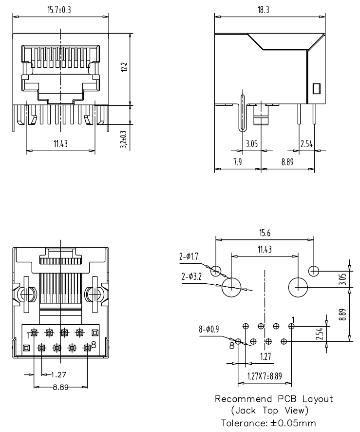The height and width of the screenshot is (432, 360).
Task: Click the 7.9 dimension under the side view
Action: [x=238, y=163]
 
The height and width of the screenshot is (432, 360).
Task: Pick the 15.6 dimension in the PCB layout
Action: [x=265, y=234]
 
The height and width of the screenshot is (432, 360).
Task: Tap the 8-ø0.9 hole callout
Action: [x=208, y=329]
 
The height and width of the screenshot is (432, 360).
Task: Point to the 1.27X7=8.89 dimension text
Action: [x=265, y=376]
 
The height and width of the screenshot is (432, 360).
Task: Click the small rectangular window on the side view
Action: [x=316, y=89]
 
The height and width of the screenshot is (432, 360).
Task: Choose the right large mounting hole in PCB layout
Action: [x=298, y=286]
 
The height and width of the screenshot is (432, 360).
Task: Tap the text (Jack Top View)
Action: [x=270, y=411]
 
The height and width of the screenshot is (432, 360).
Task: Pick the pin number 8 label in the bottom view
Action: [x=94, y=344]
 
